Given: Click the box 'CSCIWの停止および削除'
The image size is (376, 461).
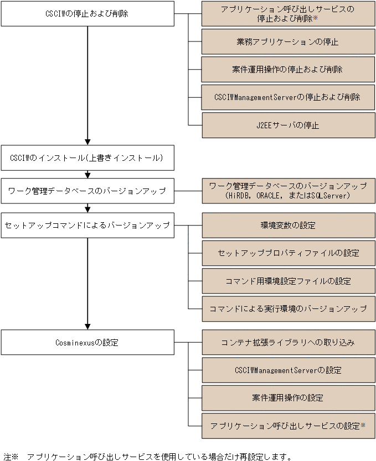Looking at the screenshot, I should [87, 13].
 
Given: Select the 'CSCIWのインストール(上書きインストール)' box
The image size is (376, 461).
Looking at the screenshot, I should [87, 158].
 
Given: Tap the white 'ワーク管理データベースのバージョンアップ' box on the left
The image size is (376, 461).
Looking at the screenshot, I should [87, 191].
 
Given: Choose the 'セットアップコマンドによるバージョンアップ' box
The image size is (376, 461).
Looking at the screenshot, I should [87, 225].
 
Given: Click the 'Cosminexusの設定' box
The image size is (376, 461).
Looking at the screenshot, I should [87, 342].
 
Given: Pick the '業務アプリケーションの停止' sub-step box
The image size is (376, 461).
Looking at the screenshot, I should [287, 42].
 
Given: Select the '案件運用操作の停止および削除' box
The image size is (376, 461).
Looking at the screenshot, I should [287, 70].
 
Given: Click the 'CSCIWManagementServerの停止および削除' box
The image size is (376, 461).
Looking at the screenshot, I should [287, 97].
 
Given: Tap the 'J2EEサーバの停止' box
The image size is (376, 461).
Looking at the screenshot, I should [287, 125].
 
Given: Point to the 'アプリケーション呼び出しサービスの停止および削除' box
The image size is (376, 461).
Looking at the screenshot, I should [287, 14].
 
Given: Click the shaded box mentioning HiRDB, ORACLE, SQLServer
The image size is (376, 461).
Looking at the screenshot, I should [287, 191].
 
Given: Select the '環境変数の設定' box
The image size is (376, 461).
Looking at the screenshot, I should [287, 226].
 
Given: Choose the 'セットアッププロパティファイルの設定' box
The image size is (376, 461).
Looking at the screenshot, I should [287, 253].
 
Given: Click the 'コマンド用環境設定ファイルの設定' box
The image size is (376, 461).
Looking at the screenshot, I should [287, 281].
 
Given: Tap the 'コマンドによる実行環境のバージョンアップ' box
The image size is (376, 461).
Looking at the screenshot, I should [287, 308].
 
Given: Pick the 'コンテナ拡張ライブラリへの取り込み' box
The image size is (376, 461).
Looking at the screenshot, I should [287, 343].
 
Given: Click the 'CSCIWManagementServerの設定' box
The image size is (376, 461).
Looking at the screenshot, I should [287, 370].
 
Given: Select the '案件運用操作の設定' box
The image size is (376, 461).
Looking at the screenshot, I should [287, 398].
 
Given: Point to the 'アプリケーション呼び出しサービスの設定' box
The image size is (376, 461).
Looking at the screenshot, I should [287, 426].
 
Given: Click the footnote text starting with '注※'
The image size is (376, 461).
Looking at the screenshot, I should [147, 456].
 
